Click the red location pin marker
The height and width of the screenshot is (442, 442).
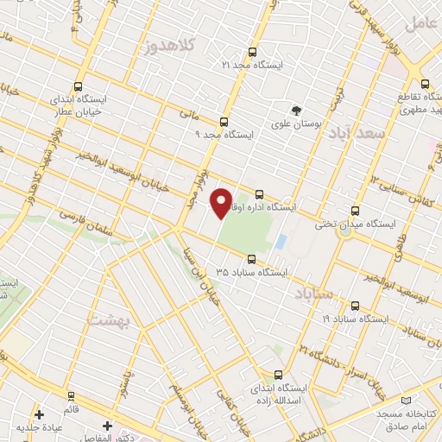pos(221,203)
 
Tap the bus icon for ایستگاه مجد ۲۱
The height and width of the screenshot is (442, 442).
pos(251,53)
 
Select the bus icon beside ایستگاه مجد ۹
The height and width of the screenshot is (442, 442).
pos(224,122)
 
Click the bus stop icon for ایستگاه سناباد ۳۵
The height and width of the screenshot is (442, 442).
pos(251,259)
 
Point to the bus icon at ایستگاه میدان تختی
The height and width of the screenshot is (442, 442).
pos(355,211)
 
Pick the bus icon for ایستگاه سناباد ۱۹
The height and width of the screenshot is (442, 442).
pos(355,306)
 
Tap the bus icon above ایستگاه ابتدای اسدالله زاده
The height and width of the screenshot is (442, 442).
pos(277,375)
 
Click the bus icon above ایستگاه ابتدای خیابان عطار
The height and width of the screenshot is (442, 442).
pos(79,86)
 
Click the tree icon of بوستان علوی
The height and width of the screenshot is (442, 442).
pos(296,110)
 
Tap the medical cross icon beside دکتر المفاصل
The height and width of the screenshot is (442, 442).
pos(106,426)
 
